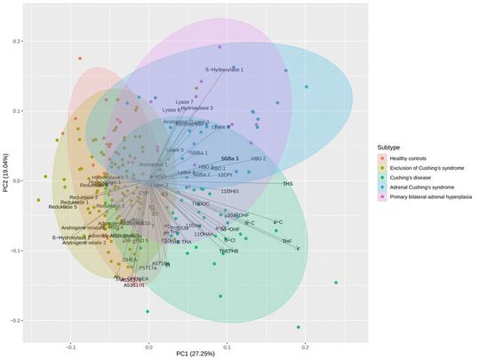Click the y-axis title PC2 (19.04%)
6,180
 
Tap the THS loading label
287,184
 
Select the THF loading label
286,241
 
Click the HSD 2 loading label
258,158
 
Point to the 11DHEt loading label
229,191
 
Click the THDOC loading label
201,204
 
